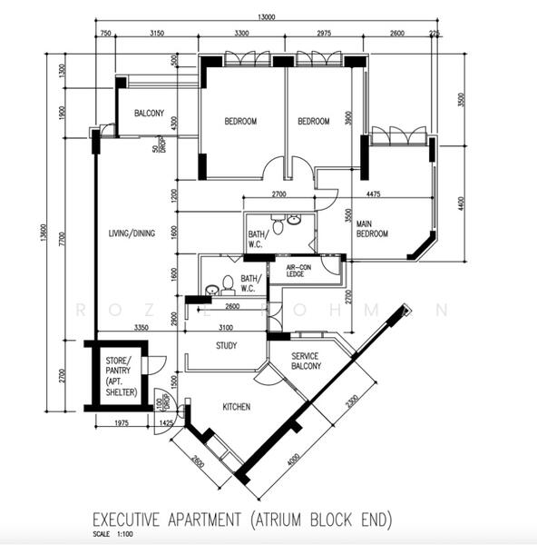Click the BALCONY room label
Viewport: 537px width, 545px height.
(x=149, y=114)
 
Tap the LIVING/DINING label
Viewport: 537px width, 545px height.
(x=132, y=233)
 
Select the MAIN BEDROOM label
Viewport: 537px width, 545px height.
(x=372, y=229)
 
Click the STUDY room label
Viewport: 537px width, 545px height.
(x=227, y=346)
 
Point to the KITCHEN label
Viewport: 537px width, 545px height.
(x=236, y=407)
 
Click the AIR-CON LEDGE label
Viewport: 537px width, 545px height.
(x=298, y=270)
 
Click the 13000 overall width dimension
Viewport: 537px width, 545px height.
(x=268, y=17)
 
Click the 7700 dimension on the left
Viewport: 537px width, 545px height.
(x=62, y=238)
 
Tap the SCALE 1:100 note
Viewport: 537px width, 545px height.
(x=113, y=535)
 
